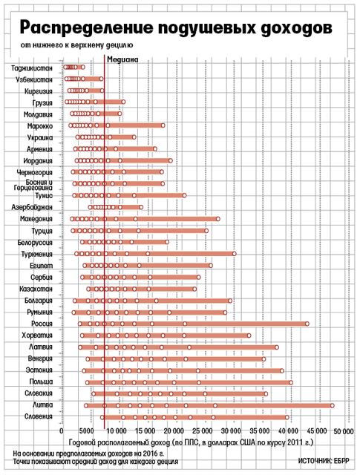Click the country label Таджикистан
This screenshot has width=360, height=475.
pos(31,68)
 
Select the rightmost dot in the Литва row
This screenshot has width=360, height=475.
pos(332,406)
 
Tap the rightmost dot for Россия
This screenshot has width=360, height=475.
pos(307,324)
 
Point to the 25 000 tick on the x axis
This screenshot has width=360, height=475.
pos(203,430)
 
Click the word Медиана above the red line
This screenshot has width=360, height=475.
pos(122,59)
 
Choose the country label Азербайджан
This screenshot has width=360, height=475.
pos(32,208)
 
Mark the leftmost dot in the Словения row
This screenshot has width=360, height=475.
pos(102,417)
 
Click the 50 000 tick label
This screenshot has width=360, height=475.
pos(344,431)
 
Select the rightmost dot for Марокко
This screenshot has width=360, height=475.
pos(163,125)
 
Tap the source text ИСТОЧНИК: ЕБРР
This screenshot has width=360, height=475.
pos(324,461)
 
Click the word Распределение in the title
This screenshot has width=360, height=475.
pos(86,27)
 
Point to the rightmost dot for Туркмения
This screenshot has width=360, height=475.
pos(235,254)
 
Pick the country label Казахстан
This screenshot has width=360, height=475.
pos(36,289)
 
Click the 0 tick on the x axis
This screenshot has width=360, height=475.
pos(62,430)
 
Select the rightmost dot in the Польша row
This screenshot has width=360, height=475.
pos(291,382)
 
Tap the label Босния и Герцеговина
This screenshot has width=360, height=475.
pos(33,185)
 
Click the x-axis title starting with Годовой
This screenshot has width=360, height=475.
pos(191,442)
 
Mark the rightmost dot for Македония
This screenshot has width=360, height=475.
pos(218,219)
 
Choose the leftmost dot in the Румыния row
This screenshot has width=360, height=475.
pos(73,312)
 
